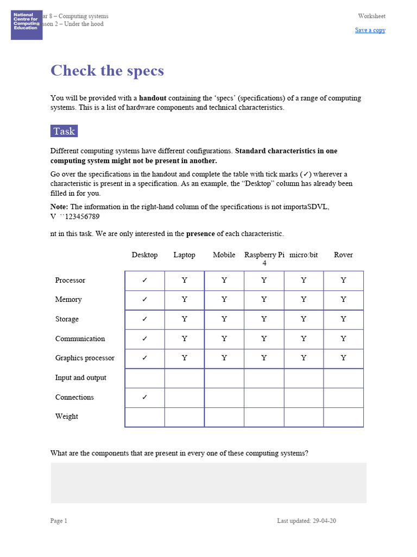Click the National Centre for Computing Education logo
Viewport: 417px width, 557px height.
27,24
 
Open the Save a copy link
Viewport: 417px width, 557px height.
370,30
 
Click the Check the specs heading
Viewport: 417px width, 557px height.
107,71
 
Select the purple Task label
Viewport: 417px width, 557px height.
64,131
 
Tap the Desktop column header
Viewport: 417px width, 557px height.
144,255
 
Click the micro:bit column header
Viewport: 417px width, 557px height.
304,255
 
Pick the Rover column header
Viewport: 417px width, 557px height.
343,255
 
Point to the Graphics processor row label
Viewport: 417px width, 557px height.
85,358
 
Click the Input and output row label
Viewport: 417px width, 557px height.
80,377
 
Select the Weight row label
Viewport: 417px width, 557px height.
66,417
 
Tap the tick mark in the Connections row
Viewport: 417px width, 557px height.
144,397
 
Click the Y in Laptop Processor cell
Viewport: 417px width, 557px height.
185,281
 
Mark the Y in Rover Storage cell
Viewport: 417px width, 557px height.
343,319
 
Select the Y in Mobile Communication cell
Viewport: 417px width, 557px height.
224,339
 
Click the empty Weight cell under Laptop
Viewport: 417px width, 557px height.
185,417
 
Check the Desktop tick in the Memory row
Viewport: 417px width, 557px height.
144,300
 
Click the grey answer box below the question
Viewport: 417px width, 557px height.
208,483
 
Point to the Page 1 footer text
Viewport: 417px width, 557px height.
59,521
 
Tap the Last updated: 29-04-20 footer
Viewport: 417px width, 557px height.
306,521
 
